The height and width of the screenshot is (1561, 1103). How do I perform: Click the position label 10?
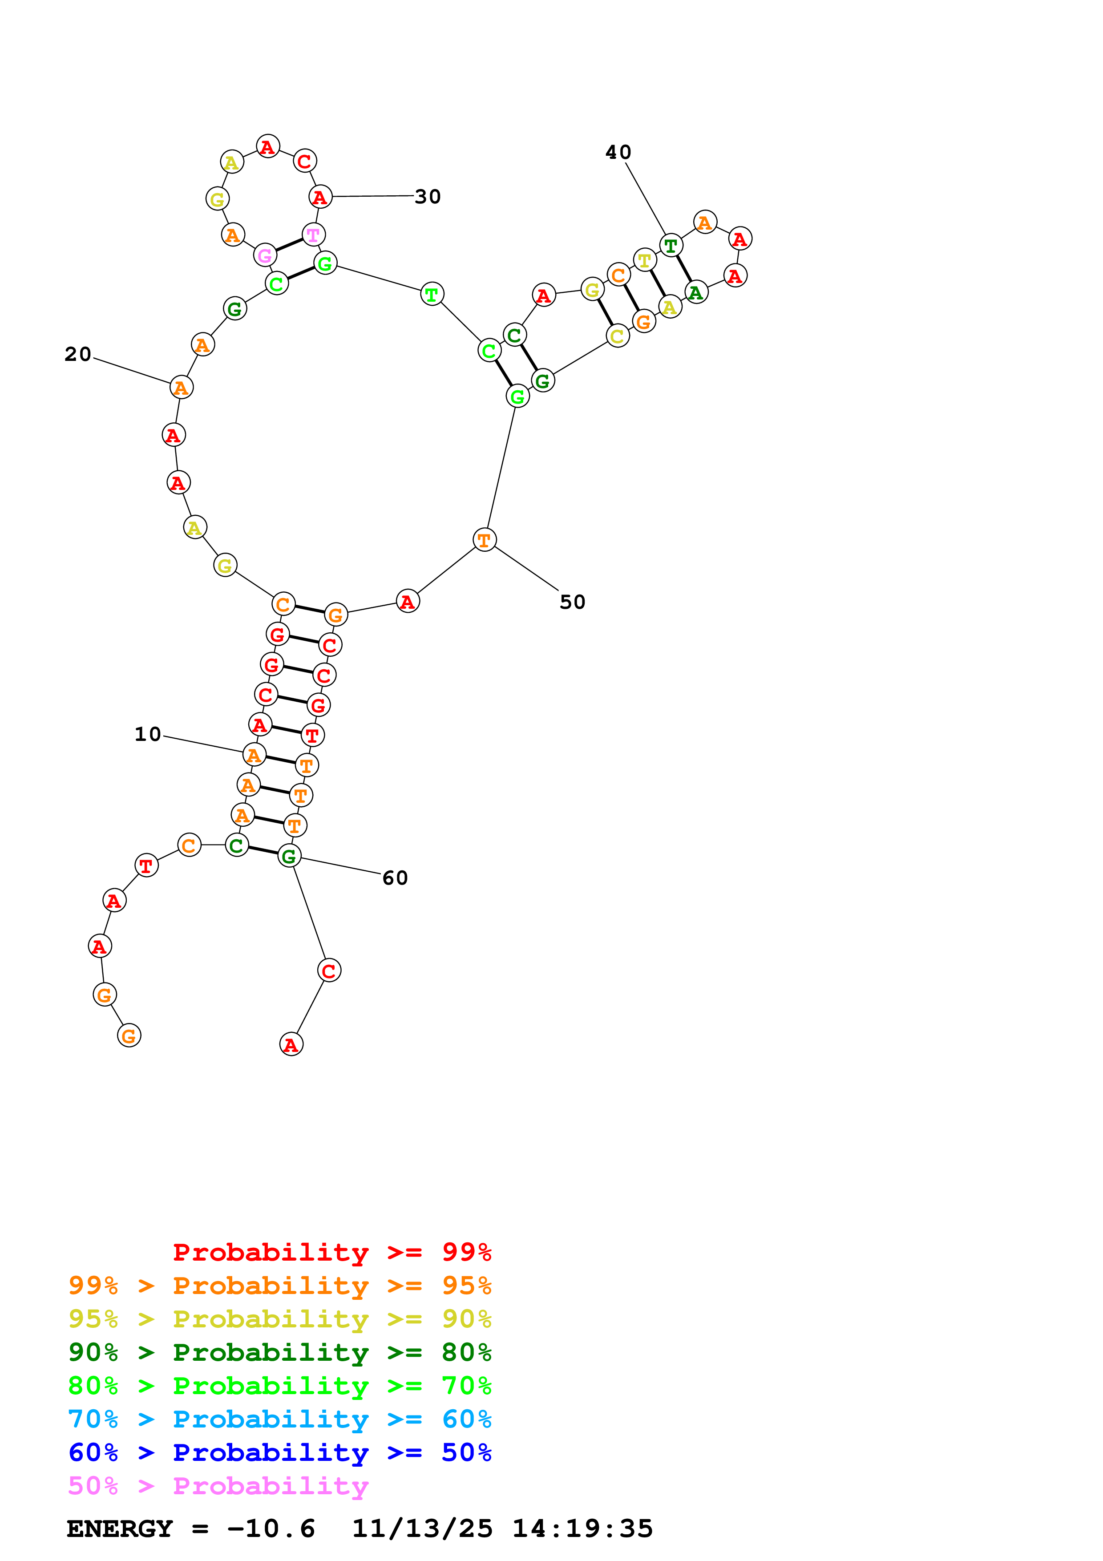pyautogui.click(x=147, y=734)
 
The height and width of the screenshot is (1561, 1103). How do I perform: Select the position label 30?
pyautogui.click(x=428, y=197)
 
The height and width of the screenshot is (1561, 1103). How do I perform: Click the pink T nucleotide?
pyautogui.click(x=313, y=235)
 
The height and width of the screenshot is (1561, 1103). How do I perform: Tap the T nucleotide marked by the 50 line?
pyautogui.click(x=484, y=540)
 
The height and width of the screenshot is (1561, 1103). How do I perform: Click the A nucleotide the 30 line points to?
pyautogui.click(x=320, y=197)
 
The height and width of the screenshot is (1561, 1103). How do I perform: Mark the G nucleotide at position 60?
pyautogui.click(x=290, y=856)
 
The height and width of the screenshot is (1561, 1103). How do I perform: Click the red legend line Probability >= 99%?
pyautogui.click(x=331, y=1252)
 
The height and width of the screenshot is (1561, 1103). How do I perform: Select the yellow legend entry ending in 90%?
pyautogui.click(x=279, y=1319)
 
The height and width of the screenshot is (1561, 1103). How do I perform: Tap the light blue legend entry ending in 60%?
pyautogui.click(x=279, y=1419)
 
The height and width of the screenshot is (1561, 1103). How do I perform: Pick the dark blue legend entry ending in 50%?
pyautogui.click(x=279, y=1452)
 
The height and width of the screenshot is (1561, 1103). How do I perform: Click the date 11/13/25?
pyautogui.click(x=422, y=1529)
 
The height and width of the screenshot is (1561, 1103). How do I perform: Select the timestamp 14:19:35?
pyautogui.click(x=582, y=1529)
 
